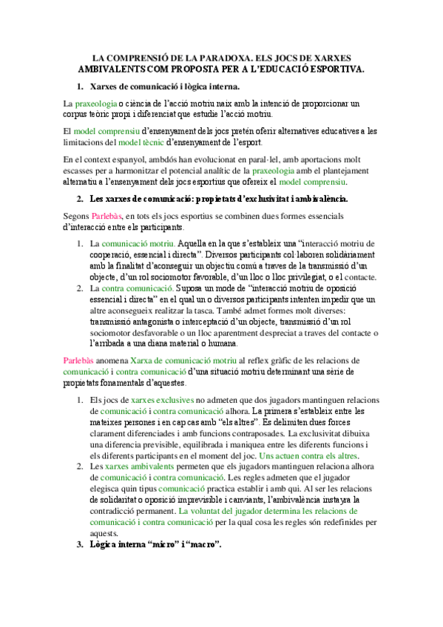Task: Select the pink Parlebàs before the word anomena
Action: [x=78, y=360]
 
